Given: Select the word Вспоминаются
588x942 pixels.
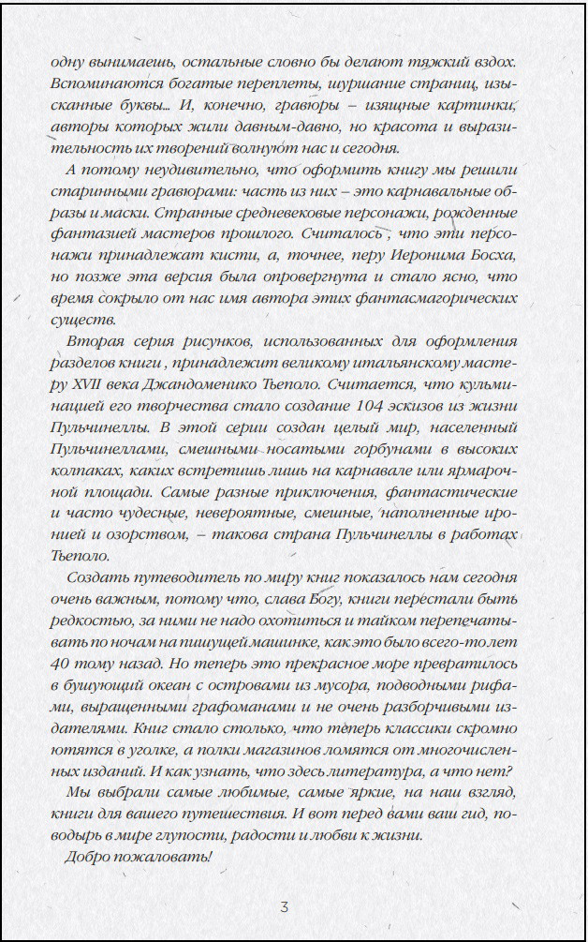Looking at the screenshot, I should [105, 82].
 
